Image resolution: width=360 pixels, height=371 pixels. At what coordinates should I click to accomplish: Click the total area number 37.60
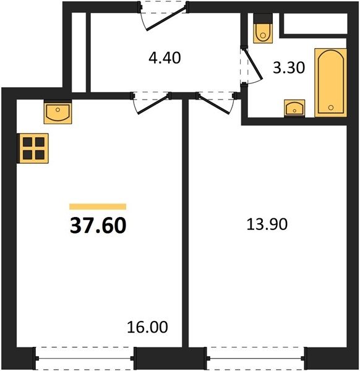[x=98, y=226]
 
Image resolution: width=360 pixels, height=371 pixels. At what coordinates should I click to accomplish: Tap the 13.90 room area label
[x=267, y=224]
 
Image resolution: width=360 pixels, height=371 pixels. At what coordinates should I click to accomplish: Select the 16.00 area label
[x=147, y=327]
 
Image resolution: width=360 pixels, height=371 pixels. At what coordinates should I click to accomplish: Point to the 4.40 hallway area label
[x=165, y=58]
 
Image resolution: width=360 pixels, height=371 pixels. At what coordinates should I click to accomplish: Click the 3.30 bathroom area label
[x=289, y=67]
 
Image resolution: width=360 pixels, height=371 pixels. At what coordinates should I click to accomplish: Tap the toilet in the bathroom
[x=263, y=28]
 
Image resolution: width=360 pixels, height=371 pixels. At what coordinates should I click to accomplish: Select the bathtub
[x=331, y=83]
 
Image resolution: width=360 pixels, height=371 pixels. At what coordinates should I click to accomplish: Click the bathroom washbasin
[x=294, y=108]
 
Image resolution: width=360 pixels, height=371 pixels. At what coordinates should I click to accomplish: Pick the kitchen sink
[x=58, y=112]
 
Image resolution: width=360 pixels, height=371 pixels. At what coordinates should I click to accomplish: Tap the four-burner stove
[x=33, y=148]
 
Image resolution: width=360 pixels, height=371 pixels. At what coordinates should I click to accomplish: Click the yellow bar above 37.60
[x=98, y=207]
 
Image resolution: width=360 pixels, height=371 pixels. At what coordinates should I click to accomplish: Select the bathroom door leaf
[x=253, y=64]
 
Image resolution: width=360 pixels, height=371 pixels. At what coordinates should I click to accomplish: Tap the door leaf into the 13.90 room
[x=214, y=104]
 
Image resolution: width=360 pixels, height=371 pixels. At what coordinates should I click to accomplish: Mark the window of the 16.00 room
[x=85, y=359]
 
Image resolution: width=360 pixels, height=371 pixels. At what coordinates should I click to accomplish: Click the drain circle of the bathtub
[x=331, y=108]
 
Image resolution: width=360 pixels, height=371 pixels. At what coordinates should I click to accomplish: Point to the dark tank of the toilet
[x=263, y=18]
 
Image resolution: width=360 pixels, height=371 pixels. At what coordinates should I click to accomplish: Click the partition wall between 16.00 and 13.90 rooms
[x=186, y=223]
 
